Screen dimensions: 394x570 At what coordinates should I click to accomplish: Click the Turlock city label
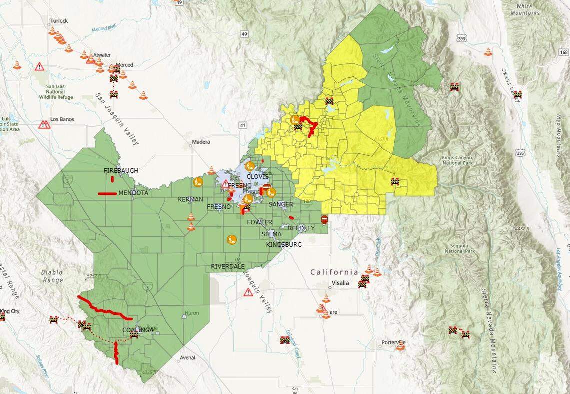(x=59, y=21)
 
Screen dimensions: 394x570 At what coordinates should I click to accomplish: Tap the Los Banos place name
(x=61, y=121)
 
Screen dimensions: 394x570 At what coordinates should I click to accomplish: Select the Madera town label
(x=201, y=142)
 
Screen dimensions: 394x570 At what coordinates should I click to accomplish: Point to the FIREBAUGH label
(x=121, y=171)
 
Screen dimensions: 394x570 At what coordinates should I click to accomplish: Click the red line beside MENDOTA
(x=107, y=193)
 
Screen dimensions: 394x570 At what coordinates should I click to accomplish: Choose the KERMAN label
(x=190, y=199)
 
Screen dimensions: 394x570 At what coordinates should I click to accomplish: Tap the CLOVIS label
(x=257, y=177)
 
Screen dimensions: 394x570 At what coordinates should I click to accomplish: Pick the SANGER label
(x=281, y=204)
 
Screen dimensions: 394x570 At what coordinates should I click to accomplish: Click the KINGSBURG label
(x=284, y=245)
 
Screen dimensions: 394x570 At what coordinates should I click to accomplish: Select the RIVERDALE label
(x=228, y=266)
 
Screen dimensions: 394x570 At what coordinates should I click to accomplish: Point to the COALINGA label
(x=138, y=330)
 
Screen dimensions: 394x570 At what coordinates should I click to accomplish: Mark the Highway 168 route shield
(x=564, y=52)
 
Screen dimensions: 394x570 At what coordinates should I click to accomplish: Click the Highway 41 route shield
(x=242, y=125)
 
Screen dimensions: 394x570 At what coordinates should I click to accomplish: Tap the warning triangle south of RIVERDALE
(x=248, y=292)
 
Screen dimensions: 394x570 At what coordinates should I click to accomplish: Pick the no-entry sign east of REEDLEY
(x=324, y=219)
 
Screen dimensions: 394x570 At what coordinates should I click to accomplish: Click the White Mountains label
(x=524, y=9)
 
